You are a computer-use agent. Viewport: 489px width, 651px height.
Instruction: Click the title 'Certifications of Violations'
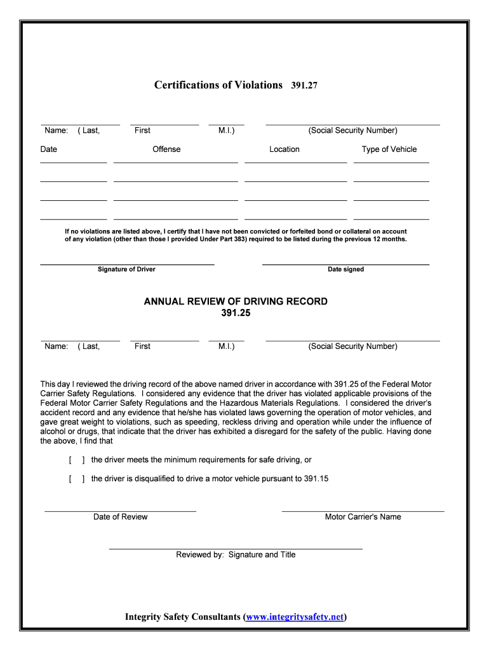(x=218, y=85)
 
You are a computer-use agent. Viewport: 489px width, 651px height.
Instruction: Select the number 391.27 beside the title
(x=304, y=85)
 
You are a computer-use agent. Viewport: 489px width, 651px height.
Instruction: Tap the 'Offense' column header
(x=166, y=149)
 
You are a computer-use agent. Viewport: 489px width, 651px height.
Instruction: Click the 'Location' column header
(x=284, y=149)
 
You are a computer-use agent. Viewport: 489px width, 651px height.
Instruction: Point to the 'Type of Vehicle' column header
(x=389, y=149)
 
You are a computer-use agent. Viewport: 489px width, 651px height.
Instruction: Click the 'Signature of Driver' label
(x=126, y=270)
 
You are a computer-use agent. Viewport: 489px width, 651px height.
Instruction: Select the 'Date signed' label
(x=345, y=270)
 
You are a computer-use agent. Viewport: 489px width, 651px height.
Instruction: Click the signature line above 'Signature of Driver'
(x=127, y=264)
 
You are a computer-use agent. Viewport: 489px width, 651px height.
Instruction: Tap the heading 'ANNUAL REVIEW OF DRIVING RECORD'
(x=236, y=301)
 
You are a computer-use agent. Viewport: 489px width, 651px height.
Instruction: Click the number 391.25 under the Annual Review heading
(x=236, y=313)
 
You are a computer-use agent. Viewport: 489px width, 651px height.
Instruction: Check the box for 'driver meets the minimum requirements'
(x=76, y=460)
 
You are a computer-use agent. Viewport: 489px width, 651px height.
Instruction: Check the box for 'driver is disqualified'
(x=76, y=479)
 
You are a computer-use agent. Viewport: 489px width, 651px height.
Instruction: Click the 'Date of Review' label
(x=120, y=517)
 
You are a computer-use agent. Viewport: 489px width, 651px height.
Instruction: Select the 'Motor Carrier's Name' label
(x=363, y=517)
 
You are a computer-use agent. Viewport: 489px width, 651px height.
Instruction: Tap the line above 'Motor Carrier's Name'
(x=363, y=511)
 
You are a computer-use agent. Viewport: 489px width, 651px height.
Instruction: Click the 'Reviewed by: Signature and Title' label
(x=236, y=554)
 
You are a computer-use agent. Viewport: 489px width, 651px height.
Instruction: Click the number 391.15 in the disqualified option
(x=316, y=479)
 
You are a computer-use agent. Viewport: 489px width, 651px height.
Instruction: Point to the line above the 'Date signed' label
(x=345, y=264)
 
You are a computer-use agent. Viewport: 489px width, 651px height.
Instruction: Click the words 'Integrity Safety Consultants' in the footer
(x=183, y=617)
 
